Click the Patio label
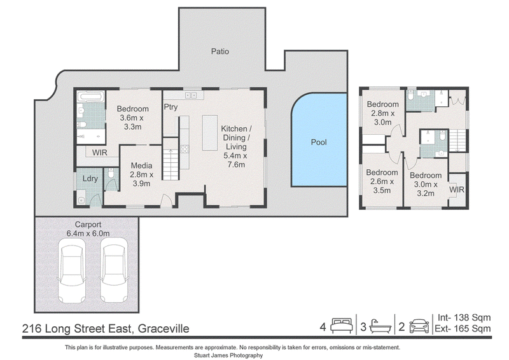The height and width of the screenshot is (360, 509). (220, 52)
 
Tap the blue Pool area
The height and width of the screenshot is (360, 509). (319, 140)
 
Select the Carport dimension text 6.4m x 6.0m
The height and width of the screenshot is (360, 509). (88, 233)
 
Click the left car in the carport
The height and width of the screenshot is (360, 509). (72, 270)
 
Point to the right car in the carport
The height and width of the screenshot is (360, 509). (114, 270)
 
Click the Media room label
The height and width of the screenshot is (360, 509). (141, 165)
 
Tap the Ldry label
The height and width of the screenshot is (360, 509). (90, 179)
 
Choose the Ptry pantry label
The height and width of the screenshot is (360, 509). (171, 107)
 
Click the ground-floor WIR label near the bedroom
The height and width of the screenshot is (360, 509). (99, 152)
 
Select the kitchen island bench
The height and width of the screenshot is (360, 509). (210, 133)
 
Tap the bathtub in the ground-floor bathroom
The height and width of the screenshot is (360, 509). (91, 97)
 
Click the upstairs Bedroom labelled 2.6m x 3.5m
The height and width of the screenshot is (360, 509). (382, 181)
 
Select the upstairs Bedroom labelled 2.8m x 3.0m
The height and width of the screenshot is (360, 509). (383, 113)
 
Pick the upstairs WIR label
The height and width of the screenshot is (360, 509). (457, 190)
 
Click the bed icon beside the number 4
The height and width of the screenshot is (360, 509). (342, 326)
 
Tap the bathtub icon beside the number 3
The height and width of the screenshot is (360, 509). (380, 326)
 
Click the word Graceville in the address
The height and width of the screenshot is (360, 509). (164, 328)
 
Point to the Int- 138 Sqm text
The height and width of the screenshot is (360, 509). (464, 317)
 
